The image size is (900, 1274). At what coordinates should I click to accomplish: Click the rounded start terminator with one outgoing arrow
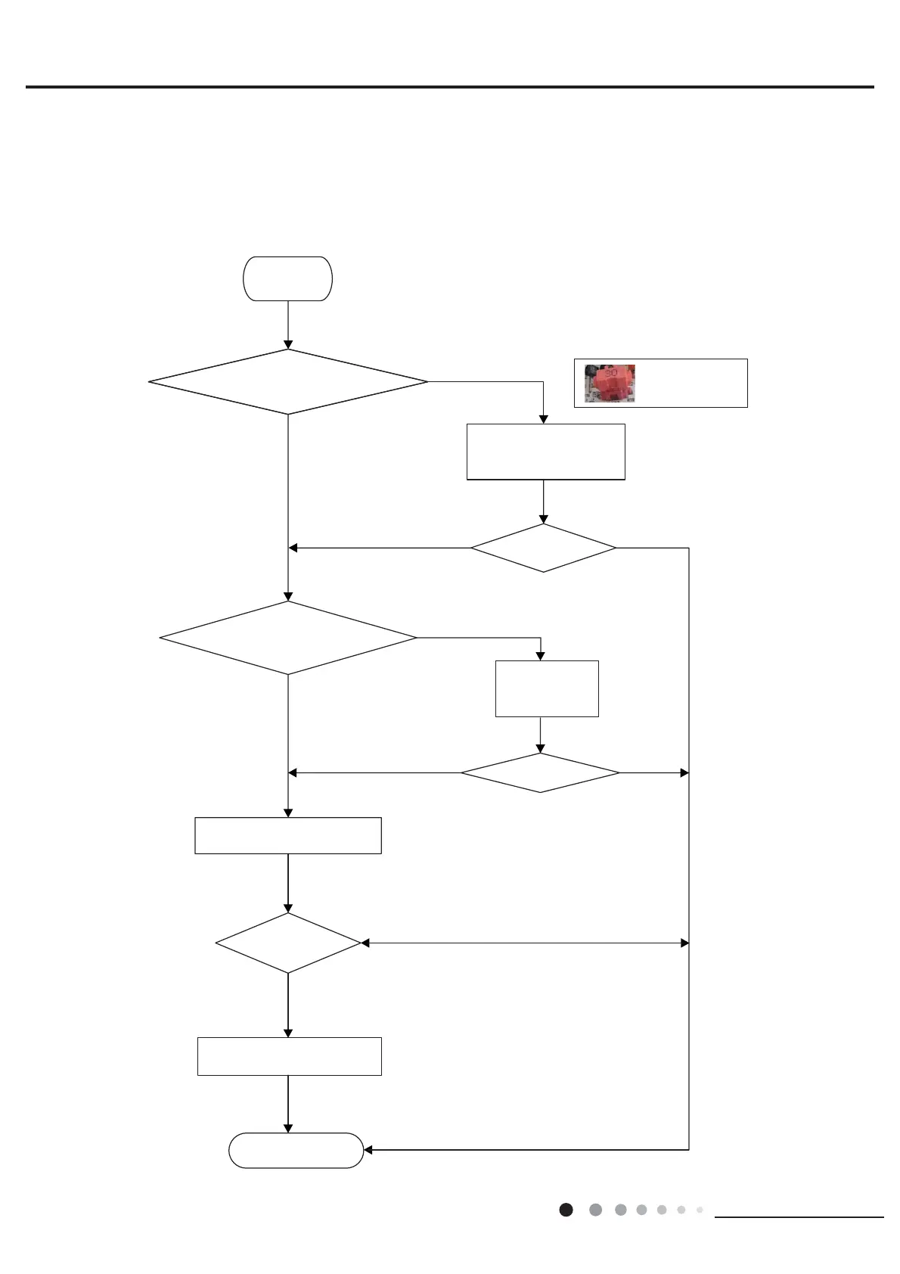pos(287,278)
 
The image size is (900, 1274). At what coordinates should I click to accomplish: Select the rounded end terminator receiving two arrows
pos(296,1150)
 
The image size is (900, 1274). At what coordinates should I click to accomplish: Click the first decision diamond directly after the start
pos(288,381)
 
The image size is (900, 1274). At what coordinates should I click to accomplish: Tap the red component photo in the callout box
pos(610,383)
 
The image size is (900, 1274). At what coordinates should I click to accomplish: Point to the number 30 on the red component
pos(611,373)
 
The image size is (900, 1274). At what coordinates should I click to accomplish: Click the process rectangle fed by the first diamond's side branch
pos(545,452)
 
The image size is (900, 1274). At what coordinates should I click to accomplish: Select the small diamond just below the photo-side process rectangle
pos(543,548)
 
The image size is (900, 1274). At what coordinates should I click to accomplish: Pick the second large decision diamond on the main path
pos(288,638)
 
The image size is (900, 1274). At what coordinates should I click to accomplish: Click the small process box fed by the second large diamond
pos(547,688)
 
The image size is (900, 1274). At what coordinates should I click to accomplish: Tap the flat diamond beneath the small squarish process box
pos(540,772)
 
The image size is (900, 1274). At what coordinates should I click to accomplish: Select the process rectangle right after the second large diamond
pos(288,835)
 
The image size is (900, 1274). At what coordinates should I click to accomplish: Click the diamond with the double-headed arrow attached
pos(288,943)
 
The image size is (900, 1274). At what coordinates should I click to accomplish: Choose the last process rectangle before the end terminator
pos(289,1056)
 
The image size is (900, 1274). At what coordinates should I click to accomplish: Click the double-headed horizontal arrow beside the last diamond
pos(525,943)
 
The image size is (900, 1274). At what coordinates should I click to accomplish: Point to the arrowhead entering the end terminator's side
pos(369,1150)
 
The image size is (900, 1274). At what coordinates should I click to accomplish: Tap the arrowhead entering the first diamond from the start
pos(288,344)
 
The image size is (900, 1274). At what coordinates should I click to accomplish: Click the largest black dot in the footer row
pos(566,1210)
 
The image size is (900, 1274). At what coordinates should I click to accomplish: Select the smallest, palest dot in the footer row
pos(700,1210)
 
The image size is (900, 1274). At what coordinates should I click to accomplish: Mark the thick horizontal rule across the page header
pos(450,87)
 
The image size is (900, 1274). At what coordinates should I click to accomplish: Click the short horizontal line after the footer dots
pos(799,1217)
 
